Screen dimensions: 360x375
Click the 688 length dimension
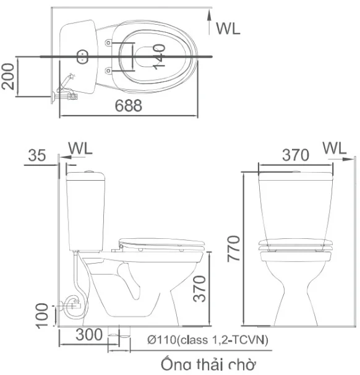point(129,105)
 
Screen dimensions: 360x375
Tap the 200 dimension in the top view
point(8,76)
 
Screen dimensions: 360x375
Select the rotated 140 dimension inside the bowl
point(159,57)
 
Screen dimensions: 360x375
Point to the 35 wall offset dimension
point(37,155)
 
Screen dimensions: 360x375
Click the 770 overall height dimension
point(234,249)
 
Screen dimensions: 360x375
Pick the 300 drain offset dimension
point(89,335)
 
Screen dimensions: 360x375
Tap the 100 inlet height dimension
point(42,316)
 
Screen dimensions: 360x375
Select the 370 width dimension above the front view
point(296,155)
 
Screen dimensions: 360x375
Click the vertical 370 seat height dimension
point(199,288)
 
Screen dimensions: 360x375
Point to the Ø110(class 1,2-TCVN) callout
point(208,340)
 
